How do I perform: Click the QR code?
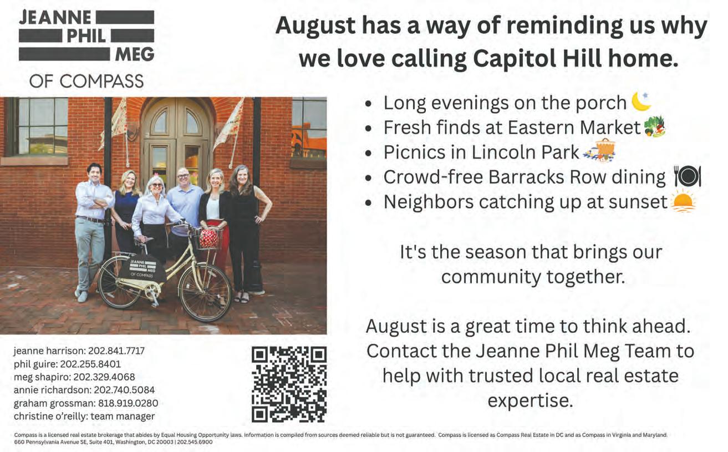pyautogui.click(x=289, y=384)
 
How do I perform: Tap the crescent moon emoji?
pyautogui.click(x=641, y=101)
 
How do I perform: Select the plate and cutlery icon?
pyautogui.click(x=688, y=176)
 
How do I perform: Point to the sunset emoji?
pyautogui.click(x=684, y=202)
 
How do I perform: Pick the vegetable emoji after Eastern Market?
pyautogui.click(x=655, y=126)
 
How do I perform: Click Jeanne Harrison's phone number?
pyautogui.click(x=116, y=351)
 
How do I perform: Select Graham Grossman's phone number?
pyautogui.click(x=128, y=403)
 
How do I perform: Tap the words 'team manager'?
pyautogui.click(x=123, y=417)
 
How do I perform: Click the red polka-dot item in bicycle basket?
pyautogui.click(x=208, y=238)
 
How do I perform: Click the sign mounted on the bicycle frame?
pyautogui.click(x=142, y=268)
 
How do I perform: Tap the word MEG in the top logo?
pyautogui.click(x=135, y=54)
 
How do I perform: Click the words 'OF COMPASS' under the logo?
pyautogui.click(x=86, y=81)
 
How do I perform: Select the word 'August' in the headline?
pyautogui.click(x=315, y=26)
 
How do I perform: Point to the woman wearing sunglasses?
pyautogui.click(x=155, y=221)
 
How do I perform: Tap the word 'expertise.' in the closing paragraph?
pyautogui.click(x=530, y=401)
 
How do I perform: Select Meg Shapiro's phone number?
pyautogui.click(x=104, y=377)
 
